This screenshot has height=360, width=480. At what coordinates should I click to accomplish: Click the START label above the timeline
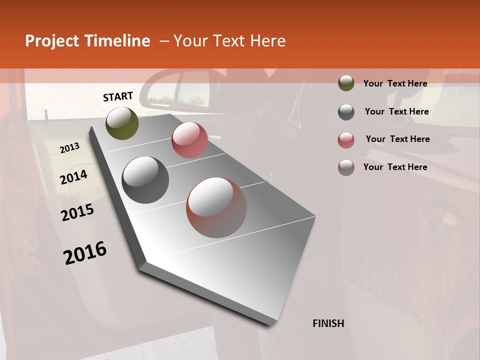pyautogui.click(x=118, y=96)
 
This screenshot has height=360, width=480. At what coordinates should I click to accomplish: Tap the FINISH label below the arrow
pyautogui.click(x=328, y=323)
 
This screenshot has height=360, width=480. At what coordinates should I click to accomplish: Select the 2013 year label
pyautogui.click(x=69, y=148)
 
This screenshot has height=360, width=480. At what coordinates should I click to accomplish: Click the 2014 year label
pyautogui.click(x=73, y=177)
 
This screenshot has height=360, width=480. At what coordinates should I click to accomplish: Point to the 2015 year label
pyautogui.click(x=77, y=212)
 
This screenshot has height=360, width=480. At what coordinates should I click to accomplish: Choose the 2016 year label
pyautogui.click(x=85, y=253)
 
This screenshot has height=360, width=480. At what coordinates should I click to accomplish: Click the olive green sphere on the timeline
pyautogui.click(x=122, y=123)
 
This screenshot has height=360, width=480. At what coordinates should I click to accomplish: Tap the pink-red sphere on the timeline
pyautogui.click(x=189, y=140)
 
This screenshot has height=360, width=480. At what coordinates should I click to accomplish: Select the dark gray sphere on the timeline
pyautogui.click(x=145, y=180)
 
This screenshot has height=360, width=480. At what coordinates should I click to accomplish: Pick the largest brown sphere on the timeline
pyautogui.click(x=216, y=207)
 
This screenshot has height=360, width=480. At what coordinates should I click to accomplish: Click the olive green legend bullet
pyautogui.click(x=346, y=83)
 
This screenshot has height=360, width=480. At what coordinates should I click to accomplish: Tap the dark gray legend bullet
pyautogui.click(x=346, y=112)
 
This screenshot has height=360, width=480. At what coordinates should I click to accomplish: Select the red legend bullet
pyautogui.click(x=346, y=140)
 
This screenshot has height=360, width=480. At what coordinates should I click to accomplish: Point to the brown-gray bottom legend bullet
pyautogui.click(x=346, y=167)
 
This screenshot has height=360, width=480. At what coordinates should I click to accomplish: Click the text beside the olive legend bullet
pyautogui.click(x=395, y=83)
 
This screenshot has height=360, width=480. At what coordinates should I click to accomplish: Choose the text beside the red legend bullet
pyautogui.click(x=397, y=139)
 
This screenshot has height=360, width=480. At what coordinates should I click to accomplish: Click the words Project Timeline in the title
pyautogui.click(x=87, y=41)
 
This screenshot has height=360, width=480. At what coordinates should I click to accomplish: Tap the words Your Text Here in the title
pyautogui.click(x=229, y=41)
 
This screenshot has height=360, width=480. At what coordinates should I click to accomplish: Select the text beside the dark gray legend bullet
pyautogui.click(x=396, y=111)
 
